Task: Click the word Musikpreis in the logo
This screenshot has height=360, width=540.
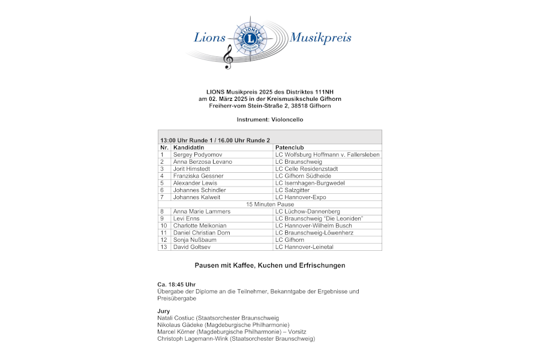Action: coord(320,38)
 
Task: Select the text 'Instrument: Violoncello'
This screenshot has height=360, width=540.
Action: coord(269,120)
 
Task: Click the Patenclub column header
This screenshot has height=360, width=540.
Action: coord(290,148)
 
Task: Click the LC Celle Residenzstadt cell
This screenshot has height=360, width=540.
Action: coord(307,169)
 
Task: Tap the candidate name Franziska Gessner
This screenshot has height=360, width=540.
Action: coord(198,176)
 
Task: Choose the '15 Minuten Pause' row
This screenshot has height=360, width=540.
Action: coord(269,205)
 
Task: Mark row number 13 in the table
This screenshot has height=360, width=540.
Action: coord(163,247)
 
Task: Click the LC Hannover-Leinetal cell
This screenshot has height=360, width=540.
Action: coord(304,247)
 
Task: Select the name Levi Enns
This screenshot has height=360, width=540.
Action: coord(186,218)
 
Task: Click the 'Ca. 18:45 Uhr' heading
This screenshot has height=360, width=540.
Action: coord(176,284)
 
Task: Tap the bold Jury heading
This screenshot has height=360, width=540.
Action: coord(164,311)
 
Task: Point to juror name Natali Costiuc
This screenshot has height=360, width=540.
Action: coord(176,318)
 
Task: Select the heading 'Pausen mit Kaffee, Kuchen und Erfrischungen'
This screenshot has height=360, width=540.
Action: coord(269,265)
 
